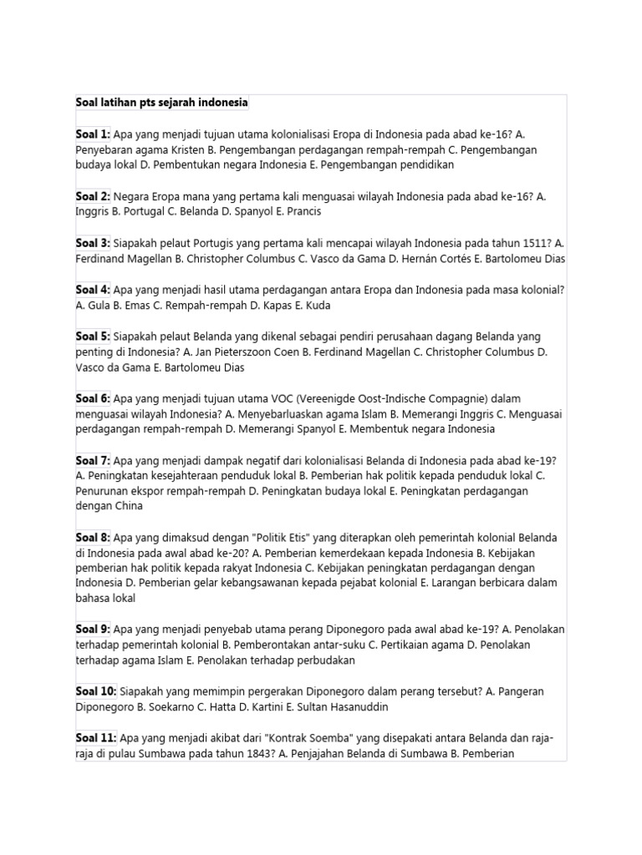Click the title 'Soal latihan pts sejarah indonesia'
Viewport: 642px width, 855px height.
(162, 103)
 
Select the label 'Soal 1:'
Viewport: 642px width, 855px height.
(93, 134)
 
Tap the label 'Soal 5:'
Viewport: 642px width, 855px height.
(93, 336)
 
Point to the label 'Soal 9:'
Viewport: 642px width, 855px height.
(93, 629)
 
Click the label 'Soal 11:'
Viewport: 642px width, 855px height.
(96, 738)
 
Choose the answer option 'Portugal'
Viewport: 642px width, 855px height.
(149, 211)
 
